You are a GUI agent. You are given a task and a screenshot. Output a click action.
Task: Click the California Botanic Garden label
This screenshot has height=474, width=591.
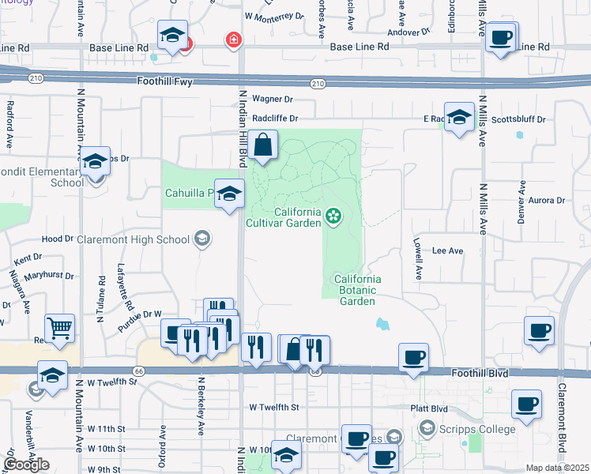[357, 290]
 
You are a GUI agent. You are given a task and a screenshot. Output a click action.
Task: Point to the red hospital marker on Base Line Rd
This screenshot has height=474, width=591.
[233, 39]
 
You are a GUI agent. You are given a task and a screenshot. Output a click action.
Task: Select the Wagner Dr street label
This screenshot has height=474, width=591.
[273, 100]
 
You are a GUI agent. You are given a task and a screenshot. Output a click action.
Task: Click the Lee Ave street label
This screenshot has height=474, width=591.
[447, 251]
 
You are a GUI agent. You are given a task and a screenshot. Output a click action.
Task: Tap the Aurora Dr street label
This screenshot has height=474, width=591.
[547, 201]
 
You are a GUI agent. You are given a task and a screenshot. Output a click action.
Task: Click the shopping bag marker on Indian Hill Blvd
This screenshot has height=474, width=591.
[263, 145]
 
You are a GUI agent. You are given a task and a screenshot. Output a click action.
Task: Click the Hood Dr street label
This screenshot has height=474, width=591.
[57, 239]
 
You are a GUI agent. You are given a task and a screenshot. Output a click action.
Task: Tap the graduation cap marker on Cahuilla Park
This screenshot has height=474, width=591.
[229, 193]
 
